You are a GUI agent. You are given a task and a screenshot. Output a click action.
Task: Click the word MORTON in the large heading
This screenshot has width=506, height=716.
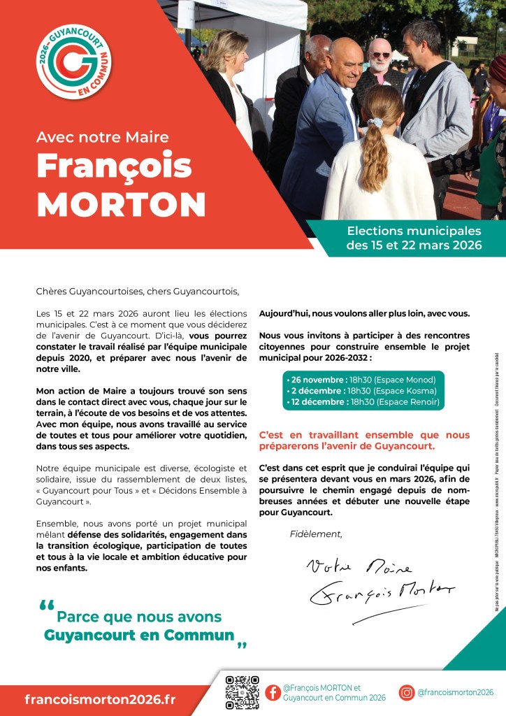121,203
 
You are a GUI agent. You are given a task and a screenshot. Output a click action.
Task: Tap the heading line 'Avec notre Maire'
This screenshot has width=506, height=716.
103,137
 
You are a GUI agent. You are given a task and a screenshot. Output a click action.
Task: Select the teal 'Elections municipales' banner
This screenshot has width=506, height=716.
414,238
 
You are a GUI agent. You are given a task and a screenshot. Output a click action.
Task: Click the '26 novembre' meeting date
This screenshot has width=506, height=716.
315,379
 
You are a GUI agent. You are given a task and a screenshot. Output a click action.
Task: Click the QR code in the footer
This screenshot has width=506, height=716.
243,692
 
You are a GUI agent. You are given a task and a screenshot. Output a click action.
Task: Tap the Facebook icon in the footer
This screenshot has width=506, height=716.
273,692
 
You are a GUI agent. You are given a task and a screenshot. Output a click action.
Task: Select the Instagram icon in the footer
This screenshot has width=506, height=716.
407,692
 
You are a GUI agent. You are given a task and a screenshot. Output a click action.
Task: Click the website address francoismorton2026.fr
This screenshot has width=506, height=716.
100,699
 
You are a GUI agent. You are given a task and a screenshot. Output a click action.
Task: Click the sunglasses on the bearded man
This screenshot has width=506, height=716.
380,55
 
